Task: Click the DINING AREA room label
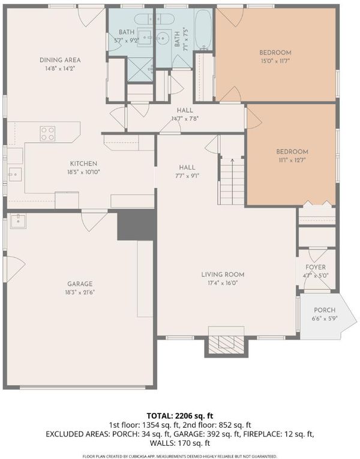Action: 60,60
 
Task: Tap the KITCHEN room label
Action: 83,164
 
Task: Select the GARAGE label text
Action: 80,284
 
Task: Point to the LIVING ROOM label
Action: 223,275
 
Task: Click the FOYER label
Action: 316,267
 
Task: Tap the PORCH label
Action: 325,310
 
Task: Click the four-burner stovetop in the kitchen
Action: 47,133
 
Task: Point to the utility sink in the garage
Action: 18,221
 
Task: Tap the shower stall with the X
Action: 140,70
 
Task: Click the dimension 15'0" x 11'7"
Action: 275,61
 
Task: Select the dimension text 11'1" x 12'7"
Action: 292,160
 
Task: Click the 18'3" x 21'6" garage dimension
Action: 80,292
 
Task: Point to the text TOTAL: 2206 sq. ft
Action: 180,416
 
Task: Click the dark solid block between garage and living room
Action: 136,225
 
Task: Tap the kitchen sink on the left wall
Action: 14,175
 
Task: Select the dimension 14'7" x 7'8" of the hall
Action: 185,119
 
